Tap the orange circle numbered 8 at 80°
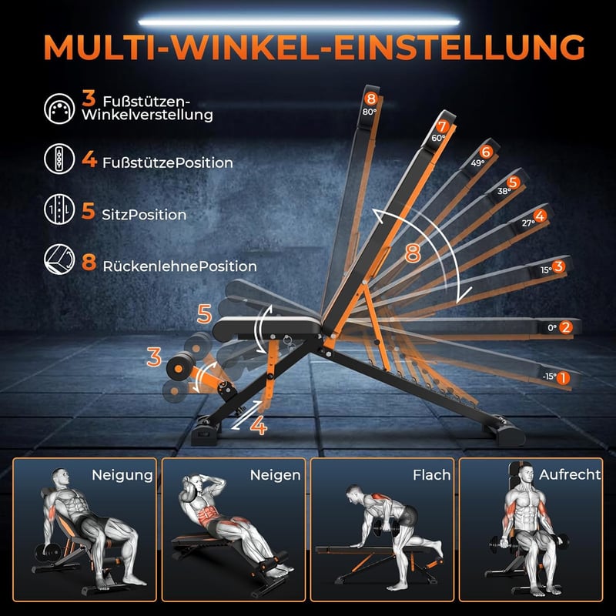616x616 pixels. point(370,99)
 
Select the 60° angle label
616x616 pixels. point(438,138)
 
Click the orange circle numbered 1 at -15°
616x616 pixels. point(563,378)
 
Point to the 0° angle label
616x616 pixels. point(552,328)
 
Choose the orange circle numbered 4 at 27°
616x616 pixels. point(541,216)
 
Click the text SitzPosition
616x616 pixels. point(144,215)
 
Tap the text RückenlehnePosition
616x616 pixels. point(179,266)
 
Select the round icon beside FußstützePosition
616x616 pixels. point(59,159)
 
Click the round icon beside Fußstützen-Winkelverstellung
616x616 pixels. point(59,109)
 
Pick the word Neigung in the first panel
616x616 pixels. point(122,475)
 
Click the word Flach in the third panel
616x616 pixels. point(431,475)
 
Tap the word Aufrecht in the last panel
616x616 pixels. point(570,474)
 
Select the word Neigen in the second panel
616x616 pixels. point(275,475)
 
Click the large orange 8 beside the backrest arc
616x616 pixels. point(413,253)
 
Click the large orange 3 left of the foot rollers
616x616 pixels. point(154,357)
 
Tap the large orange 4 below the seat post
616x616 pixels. point(259,426)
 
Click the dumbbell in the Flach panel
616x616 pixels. point(388,527)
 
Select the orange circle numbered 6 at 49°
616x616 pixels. point(486,152)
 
